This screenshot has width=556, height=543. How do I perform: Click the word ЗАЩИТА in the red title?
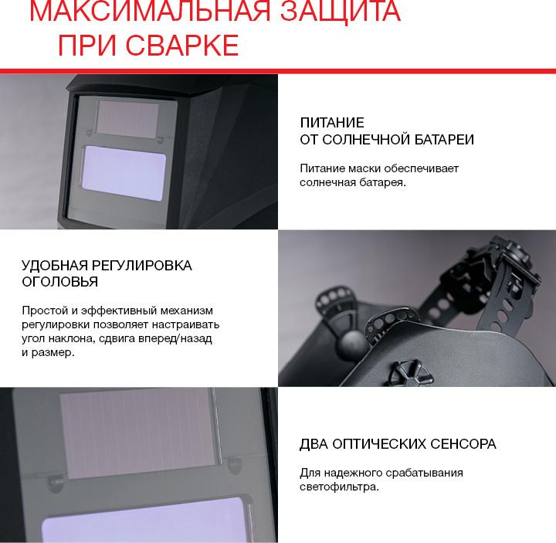click(x=341, y=12)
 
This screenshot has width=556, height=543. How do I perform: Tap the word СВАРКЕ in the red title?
click(x=182, y=46)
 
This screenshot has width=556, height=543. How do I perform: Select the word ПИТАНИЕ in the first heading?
click(x=332, y=123)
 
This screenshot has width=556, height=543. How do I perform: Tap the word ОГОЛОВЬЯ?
click(x=60, y=282)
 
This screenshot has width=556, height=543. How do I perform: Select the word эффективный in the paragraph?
click(x=119, y=311)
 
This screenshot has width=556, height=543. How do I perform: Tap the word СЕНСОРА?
click(x=463, y=444)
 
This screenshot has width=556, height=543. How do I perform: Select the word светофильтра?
click(x=339, y=487)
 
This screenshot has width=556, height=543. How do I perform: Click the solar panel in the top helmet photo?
click(x=127, y=119)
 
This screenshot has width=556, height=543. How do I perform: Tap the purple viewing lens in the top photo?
click(x=124, y=173)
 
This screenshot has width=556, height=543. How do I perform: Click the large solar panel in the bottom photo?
click(x=140, y=433)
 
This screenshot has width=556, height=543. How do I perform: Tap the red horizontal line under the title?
click(x=278, y=71)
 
